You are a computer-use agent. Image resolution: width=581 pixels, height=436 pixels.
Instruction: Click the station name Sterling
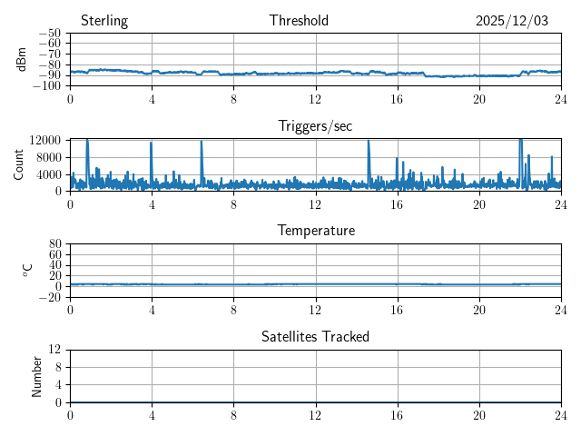click(x=104, y=21)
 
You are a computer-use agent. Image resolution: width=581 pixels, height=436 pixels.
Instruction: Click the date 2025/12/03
click(x=512, y=21)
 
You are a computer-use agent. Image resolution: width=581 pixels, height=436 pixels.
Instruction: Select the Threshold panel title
click(x=299, y=21)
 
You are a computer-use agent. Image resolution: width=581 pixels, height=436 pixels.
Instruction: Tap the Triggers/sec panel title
click(x=315, y=126)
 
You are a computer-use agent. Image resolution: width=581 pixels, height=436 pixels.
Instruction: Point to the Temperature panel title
click(x=315, y=231)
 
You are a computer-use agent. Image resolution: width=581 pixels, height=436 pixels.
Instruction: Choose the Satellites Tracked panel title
click(x=315, y=336)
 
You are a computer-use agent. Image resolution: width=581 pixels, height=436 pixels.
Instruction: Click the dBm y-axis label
click(x=23, y=59)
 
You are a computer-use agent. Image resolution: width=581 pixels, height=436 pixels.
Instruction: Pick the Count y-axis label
click(x=18, y=164)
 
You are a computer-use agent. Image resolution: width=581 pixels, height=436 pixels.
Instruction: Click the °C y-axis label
click(x=27, y=270)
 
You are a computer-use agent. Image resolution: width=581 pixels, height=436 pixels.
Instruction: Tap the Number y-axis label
click(x=37, y=375)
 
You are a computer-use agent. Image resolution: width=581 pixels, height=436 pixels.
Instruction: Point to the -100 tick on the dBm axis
click(x=48, y=86)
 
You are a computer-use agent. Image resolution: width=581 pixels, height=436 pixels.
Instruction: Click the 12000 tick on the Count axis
click(x=44, y=140)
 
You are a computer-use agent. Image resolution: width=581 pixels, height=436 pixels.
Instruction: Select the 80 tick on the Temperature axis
click(x=54, y=244)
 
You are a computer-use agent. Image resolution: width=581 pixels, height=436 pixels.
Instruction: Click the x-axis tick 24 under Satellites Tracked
click(x=561, y=414)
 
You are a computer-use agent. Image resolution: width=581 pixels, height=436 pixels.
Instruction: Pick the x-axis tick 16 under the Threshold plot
click(x=397, y=98)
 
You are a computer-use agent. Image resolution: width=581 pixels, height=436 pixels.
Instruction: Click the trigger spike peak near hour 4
click(x=152, y=143)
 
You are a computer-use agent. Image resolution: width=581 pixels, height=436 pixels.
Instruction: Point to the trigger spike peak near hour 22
click(x=520, y=140)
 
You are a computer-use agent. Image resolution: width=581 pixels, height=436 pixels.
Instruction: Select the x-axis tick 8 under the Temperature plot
click(x=233, y=309)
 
